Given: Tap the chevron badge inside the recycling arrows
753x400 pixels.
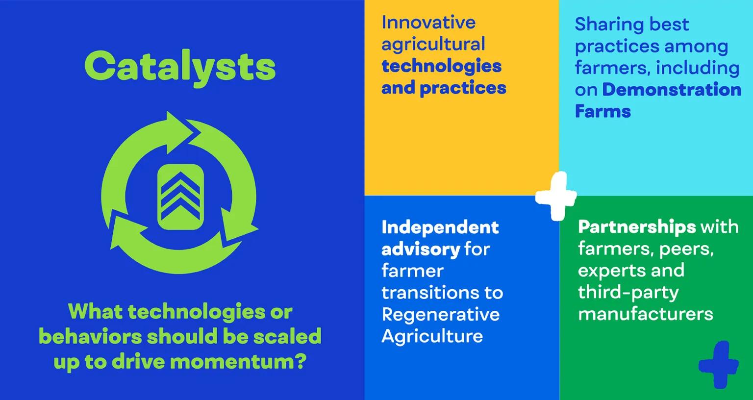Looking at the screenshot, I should coord(180,197).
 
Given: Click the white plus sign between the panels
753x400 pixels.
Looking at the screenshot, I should coord(556,196).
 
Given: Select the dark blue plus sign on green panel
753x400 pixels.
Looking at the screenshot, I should coord(718,365).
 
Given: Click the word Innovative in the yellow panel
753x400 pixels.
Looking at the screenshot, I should coord(428,22).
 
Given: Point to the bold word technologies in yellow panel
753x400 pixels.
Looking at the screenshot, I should coord(441,66).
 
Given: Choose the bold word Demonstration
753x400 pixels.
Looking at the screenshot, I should coord(672,89).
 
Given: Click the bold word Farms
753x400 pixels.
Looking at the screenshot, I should coord(602,111).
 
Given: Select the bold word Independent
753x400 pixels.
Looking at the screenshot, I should coord(440,227).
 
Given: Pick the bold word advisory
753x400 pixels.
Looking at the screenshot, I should coord(421,249).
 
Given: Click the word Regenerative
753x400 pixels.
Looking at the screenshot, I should coord(440,314).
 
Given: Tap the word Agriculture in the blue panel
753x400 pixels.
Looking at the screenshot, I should coord(432,336).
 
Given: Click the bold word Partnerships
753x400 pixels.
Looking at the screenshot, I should coord(637,226).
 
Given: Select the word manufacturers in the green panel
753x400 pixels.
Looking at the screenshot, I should coord(645,314).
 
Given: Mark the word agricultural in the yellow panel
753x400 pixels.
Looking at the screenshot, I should coord(433,44).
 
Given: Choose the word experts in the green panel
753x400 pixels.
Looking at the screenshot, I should coord(606,270).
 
